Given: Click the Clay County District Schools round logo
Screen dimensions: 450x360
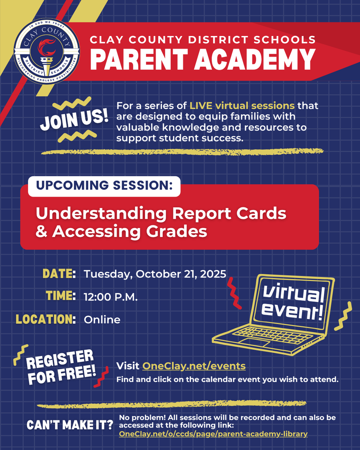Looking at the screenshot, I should pyautogui.click(x=47, y=52).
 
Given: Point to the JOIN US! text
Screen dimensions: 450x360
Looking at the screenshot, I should pyautogui.click(x=74, y=120).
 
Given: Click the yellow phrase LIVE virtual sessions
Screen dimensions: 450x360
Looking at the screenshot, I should pyautogui.click(x=242, y=106).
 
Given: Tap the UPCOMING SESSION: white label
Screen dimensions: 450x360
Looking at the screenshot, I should pyautogui.click(x=104, y=185).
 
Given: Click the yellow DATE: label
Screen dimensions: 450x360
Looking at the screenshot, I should pyautogui.click(x=59, y=274).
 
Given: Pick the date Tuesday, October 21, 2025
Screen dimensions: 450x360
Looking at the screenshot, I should pyautogui.click(x=155, y=274).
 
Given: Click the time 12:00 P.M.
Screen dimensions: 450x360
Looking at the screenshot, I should pyautogui.click(x=111, y=297).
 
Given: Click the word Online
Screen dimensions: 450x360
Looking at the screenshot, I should pyautogui.click(x=102, y=320).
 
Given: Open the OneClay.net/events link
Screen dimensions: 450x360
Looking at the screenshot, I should pyautogui.click(x=193, y=366).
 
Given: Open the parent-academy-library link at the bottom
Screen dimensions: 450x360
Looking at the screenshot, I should pyautogui.click(x=213, y=434).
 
